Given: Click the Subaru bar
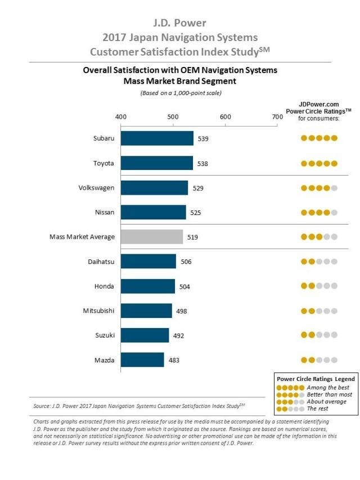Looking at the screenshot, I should click(157, 138).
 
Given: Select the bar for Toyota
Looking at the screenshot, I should click(156, 163).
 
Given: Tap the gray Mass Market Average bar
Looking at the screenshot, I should click(151, 237).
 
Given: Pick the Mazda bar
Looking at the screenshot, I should click(142, 360).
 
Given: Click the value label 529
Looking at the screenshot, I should click(198, 188).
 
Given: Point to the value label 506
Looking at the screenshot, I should click(186, 262).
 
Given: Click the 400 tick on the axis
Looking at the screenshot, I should click(120, 116).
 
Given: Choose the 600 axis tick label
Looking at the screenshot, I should click(226, 116).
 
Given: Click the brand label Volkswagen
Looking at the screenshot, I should click(97, 188).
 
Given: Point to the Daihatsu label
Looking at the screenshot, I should click(101, 262).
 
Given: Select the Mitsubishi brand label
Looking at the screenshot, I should click(98, 311).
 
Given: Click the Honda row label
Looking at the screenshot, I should click(104, 286).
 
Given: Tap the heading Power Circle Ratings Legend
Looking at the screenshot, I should click(315, 379).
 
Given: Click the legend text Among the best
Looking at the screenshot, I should click(328, 388).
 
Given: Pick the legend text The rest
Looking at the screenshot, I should click(318, 409).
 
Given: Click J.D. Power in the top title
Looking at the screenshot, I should click(180, 23).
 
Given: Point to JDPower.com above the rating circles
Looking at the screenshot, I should click(318, 105).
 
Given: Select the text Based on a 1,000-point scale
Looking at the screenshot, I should click(181, 93).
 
